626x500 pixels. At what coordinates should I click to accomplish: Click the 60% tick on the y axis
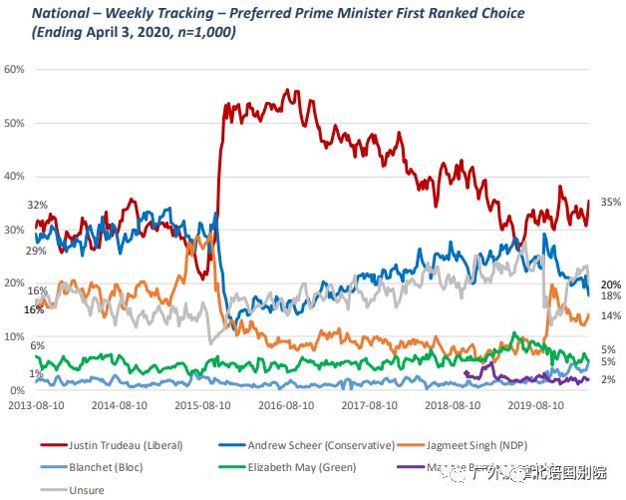[14, 69]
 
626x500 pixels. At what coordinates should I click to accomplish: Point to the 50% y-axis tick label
[14, 123]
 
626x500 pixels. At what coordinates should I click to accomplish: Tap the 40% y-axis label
[14, 176]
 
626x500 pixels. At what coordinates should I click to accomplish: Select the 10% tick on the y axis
[14, 336]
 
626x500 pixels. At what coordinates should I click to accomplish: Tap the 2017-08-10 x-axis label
[373, 406]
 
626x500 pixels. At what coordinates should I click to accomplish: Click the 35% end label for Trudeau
[611, 202]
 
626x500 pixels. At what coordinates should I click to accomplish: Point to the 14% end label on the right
[611, 315]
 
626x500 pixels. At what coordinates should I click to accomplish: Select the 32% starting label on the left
[37, 204]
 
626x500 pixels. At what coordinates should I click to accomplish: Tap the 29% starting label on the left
[37, 250]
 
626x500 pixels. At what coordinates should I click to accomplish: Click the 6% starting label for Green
[37, 345]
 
